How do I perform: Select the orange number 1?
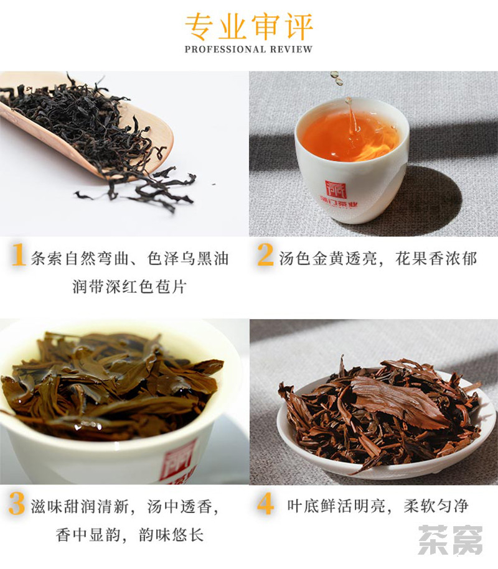point(18,254)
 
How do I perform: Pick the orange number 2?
point(265,254)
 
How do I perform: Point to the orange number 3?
point(17,503)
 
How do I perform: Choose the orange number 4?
point(266,503)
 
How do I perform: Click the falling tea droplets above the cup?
point(336,79)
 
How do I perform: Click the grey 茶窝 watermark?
point(451,540)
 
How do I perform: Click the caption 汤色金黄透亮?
point(327,259)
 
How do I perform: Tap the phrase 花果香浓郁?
point(436,259)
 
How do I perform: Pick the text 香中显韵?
point(88,535)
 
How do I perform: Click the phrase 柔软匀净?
point(436,506)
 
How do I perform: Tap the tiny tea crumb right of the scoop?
point(214,184)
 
